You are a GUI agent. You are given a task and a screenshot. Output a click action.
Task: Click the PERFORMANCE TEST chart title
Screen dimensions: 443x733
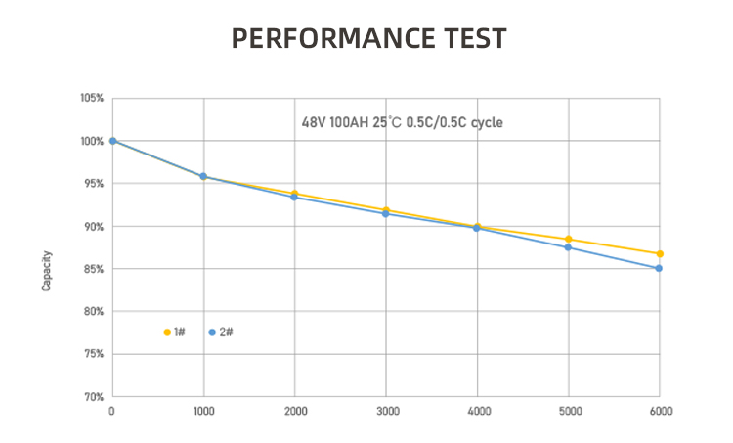pos(368,39)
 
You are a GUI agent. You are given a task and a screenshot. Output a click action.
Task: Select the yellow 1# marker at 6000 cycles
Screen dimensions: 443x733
pos(660,254)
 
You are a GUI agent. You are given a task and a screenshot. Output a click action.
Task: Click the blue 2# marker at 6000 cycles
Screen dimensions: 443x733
pos(660,268)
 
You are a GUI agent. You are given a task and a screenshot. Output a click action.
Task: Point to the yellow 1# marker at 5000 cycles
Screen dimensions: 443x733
pos(569,239)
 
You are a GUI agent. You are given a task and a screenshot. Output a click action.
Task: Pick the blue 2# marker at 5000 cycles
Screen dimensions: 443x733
pos(569,247)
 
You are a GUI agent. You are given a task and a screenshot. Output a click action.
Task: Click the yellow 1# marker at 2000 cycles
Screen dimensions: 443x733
pos(294,194)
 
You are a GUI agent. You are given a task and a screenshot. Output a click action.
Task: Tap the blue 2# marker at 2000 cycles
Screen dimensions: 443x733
pos(294,198)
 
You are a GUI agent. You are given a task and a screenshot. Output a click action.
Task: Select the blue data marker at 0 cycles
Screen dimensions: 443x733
pos(112,141)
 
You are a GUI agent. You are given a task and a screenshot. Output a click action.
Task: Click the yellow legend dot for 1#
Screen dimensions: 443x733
pos(167,332)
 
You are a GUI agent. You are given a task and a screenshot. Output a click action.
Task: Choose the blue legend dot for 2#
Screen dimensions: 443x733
pos(212,332)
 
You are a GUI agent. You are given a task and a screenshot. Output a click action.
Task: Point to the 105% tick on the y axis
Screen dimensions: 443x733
pos(92,99)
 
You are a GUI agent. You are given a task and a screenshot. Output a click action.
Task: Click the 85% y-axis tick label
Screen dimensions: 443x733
pos(93,269)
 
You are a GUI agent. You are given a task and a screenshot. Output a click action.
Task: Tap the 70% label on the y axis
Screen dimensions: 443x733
pos(93,397)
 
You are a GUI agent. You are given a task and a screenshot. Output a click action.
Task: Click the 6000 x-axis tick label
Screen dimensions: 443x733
pos(661,411)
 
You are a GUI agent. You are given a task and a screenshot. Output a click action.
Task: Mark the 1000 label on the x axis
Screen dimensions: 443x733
pos(203,411)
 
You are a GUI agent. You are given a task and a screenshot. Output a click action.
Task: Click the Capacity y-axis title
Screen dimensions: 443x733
pos(46,271)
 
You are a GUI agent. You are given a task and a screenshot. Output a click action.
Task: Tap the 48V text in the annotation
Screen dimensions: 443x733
pos(314,124)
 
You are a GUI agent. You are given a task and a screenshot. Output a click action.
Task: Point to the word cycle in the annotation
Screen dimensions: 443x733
pos(487,124)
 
